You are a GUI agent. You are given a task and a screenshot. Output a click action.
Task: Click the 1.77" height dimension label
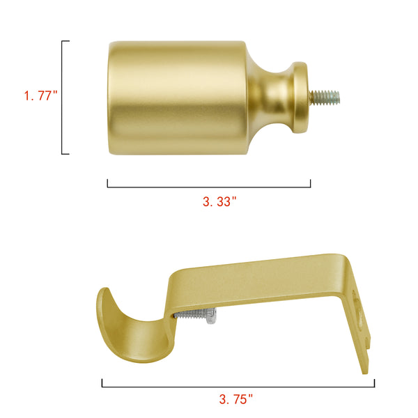pos(40,95)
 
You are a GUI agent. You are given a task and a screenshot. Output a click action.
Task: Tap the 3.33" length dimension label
pos(219,201)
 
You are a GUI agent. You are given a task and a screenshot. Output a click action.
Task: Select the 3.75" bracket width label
pos(235,399)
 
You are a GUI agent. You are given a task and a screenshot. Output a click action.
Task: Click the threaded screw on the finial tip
pos(325,97)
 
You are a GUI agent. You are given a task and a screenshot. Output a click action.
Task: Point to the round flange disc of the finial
pos(300,98)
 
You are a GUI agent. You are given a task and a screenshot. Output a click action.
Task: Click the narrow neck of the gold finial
pos(277,98)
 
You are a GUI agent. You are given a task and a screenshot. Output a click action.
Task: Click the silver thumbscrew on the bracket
pos(195,315)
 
